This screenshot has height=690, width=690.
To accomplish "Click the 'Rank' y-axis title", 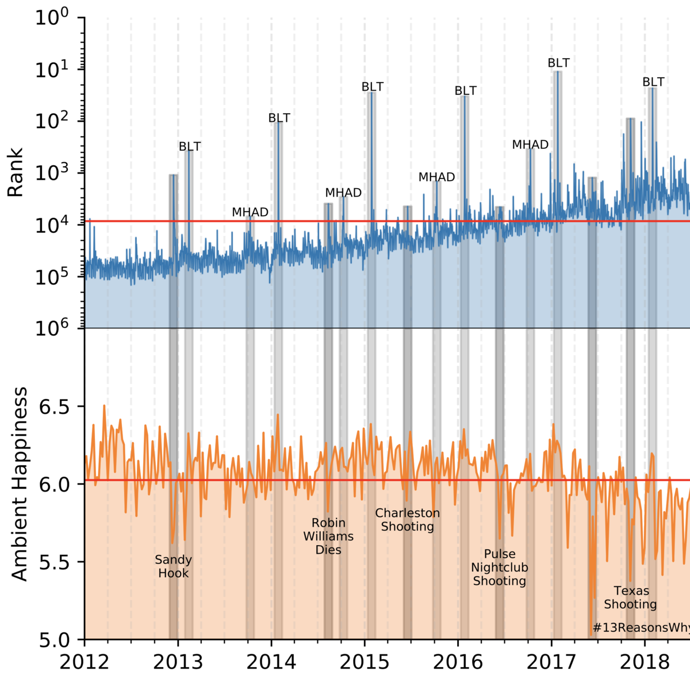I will [x=16, y=172].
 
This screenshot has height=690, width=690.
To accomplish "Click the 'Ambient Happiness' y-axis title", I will [x=20, y=484].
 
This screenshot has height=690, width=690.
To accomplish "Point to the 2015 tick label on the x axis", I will [x=364, y=662].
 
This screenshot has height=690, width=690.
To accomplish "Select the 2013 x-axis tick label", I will [x=178, y=662].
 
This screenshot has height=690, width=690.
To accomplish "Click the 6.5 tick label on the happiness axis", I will [x=53, y=407].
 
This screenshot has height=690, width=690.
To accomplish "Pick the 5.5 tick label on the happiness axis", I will [x=53, y=562].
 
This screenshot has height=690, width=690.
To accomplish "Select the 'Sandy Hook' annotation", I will [x=173, y=566].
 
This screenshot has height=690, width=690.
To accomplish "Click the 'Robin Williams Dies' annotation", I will [x=328, y=536].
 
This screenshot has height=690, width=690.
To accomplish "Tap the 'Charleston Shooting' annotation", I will [x=407, y=520].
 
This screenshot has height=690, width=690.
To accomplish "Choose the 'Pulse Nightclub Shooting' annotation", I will [x=499, y=568].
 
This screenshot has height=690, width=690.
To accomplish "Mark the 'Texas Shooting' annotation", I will [x=630, y=597].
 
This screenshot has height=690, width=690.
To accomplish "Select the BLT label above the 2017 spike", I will [x=558, y=63].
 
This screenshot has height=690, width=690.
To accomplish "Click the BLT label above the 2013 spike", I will [x=190, y=147].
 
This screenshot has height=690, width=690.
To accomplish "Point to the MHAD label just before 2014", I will [x=250, y=212].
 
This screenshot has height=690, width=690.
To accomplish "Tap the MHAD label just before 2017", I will [x=530, y=145].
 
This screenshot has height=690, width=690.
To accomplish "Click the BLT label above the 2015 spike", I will [x=372, y=87].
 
